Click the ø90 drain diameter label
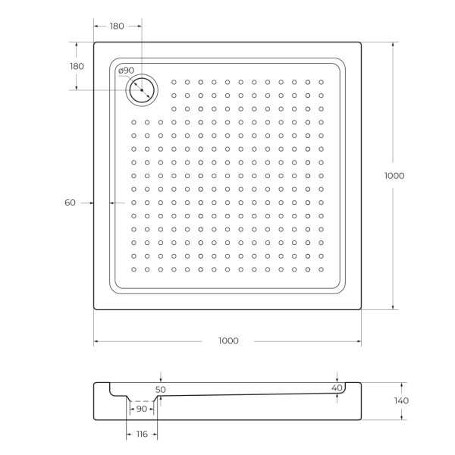pos(127,71)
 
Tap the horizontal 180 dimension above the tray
pos(117,27)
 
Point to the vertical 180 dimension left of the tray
pos(77,66)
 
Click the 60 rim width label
pos(71,202)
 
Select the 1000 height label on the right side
pos(394,175)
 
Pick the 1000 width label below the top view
pos(227,340)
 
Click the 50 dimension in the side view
pos(161,388)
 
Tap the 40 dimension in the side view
pos(337,388)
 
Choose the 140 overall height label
pos(401,400)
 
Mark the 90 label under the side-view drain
pos(141,409)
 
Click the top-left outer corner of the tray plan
pos(95,42)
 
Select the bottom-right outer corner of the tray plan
pos(360,309)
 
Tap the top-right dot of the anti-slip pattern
pos(321,82)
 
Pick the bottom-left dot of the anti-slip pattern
pos(133,269)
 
